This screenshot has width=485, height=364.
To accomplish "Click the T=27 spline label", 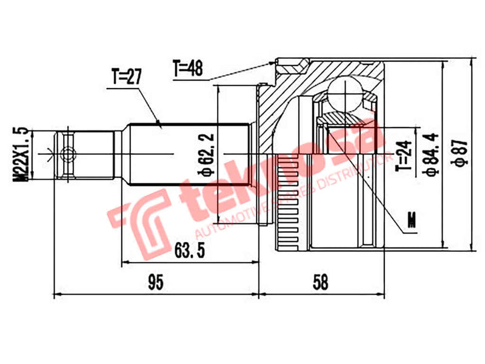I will pos(125,78).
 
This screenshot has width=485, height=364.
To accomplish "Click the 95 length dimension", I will pos(156,281).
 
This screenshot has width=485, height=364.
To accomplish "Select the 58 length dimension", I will pos(321,281).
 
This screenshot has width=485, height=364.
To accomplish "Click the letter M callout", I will pos(413,220).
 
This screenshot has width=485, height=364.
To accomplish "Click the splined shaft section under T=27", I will pos(188,154).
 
